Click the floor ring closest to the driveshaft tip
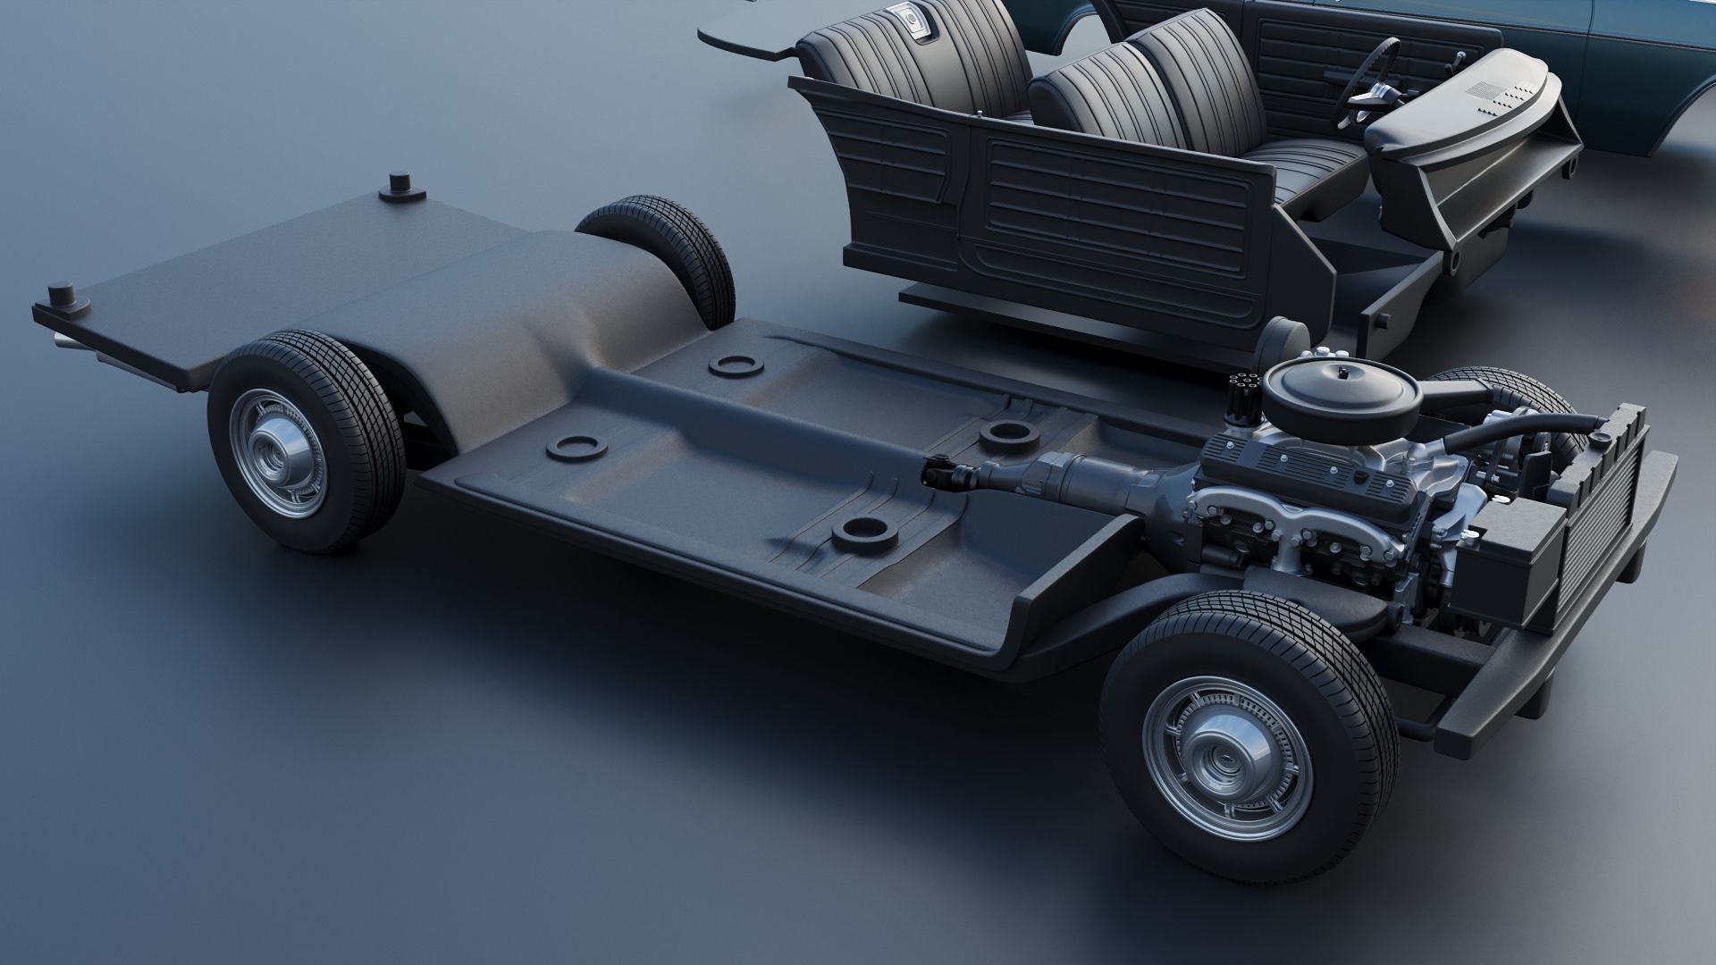1008,433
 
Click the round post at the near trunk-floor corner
64,295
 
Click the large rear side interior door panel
1117,214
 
